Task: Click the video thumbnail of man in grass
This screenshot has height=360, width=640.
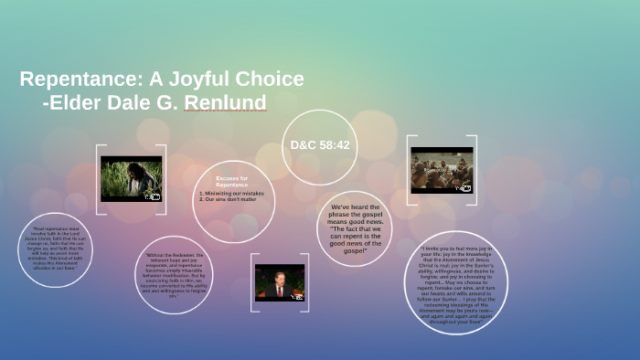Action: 131,178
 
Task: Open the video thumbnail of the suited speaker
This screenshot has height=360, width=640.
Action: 280,282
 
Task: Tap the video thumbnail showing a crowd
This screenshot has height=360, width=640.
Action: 442,170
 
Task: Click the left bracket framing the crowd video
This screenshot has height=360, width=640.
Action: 410,170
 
